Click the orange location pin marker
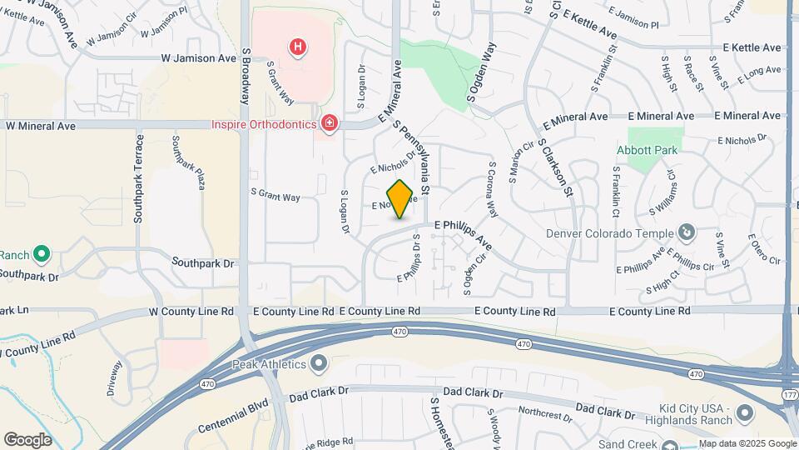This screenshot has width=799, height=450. (x=400, y=199)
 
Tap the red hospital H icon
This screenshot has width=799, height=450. (x=297, y=47)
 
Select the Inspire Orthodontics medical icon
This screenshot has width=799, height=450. (x=330, y=124)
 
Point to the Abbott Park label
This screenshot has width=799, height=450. (x=648, y=150)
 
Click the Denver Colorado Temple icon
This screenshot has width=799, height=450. (x=686, y=231)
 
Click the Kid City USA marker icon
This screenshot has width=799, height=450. (x=746, y=412)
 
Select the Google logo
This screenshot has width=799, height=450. (x=27, y=440)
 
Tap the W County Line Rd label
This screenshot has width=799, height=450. (x=191, y=311)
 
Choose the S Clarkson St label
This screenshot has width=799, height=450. (x=556, y=167)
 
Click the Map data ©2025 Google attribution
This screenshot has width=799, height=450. (x=747, y=443)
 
